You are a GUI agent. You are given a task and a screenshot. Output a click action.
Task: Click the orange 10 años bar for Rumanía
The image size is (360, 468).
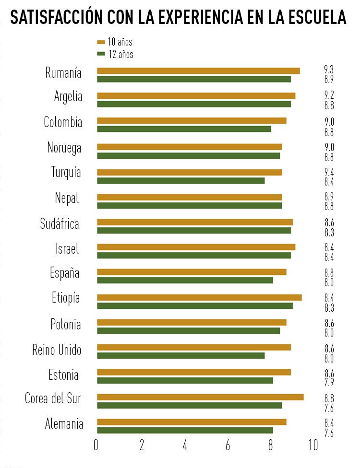pos(198,71)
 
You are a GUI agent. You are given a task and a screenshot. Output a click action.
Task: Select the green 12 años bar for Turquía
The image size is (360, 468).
pos(181,181)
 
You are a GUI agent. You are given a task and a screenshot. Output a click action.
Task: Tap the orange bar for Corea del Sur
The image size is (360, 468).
pos(200,397)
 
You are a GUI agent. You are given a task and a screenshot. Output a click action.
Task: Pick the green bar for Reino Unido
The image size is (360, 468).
pos(181,355)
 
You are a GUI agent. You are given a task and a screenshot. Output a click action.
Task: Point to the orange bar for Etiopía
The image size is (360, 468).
pos(199,297)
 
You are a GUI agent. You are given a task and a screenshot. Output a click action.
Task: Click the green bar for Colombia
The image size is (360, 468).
pos(184,129)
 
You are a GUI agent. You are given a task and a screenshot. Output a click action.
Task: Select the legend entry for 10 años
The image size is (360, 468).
pos(115,42)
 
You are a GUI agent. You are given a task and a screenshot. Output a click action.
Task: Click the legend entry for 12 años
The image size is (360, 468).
pos(115,54)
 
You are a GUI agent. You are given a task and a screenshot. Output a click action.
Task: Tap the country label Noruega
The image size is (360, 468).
pos(64,148)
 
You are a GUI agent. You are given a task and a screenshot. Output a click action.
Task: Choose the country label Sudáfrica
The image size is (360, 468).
pos(60,223)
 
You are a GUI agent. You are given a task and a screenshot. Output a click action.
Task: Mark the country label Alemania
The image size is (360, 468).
pos(64,424)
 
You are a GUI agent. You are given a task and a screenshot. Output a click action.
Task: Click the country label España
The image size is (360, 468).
pos(64,273)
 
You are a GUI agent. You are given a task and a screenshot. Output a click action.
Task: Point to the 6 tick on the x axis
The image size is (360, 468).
pos(228,445)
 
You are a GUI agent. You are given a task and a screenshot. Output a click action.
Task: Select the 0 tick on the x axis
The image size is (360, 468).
pos(96,445)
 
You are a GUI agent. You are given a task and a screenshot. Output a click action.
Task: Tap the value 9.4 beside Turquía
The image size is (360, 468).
pos(329,172)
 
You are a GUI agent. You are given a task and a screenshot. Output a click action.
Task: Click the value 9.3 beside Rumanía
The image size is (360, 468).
pos(329,70)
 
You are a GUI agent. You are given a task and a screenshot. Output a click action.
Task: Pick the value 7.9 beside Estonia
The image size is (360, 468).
pos(329,382)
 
